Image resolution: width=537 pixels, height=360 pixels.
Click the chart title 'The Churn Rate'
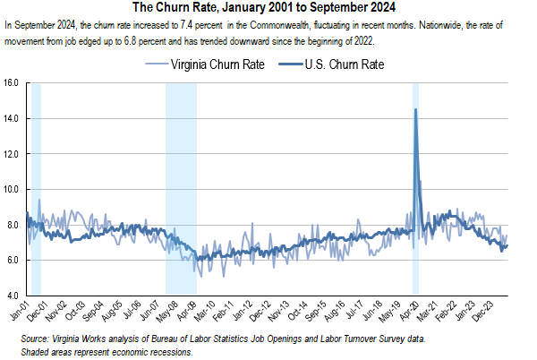[x=268, y=7]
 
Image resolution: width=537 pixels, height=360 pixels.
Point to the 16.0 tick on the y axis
[x=13, y=83]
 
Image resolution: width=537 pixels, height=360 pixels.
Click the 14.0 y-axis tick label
[x=13, y=118]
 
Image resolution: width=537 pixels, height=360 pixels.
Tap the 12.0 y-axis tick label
[x=13, y=154]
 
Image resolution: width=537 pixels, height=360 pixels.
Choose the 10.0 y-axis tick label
[x=13, y=189]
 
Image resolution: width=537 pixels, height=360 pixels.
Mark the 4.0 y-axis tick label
[x=13, y=296]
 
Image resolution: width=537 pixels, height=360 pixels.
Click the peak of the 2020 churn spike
[x=415, y=109]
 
